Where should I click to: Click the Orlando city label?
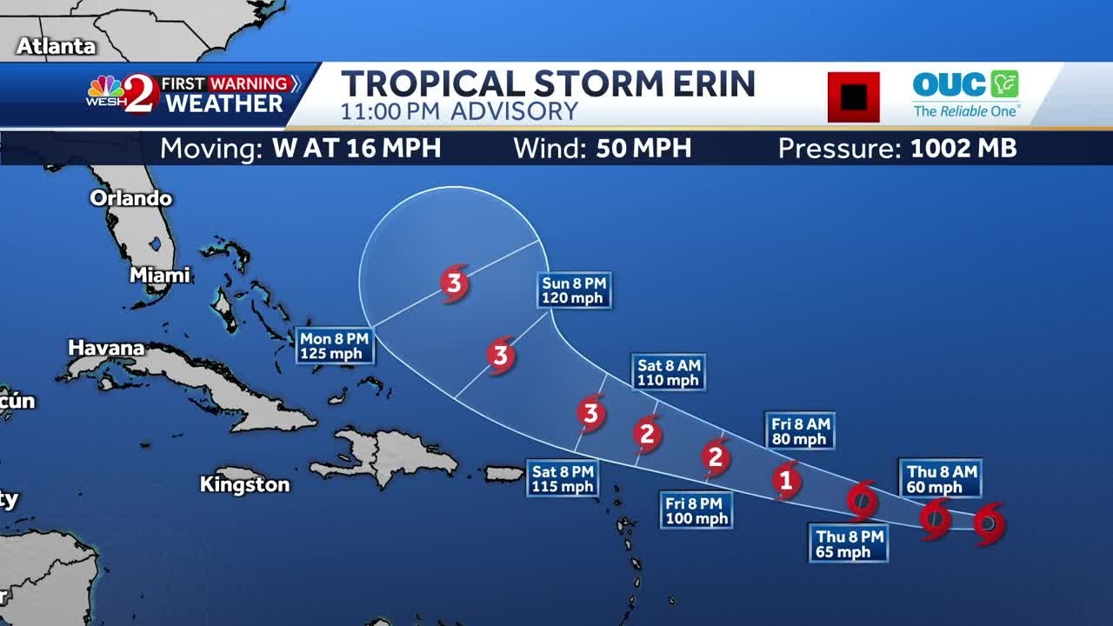[131, 198]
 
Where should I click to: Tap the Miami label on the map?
[160, 276]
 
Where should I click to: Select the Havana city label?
[106, 348]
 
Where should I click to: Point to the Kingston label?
[244, 484]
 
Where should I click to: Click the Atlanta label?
[57, 46]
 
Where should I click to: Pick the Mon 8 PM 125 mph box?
[335, 346]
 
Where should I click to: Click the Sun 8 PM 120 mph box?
[574, 290]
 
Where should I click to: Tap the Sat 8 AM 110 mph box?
[668, 373]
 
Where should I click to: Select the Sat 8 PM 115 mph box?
[563, 479]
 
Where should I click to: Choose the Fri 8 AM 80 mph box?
[800, 431]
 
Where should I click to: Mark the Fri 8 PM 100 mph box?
[696, 511]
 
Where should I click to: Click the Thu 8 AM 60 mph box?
[942, 479]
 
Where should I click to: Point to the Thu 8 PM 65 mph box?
[849, 544]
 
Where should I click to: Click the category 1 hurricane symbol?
[786, 479]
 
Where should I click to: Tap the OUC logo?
[966, 95]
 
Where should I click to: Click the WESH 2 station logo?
[123, 94]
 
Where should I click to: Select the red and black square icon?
[853, 97]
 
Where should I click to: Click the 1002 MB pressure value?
[963, 149]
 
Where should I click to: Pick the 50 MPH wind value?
[643, 149]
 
